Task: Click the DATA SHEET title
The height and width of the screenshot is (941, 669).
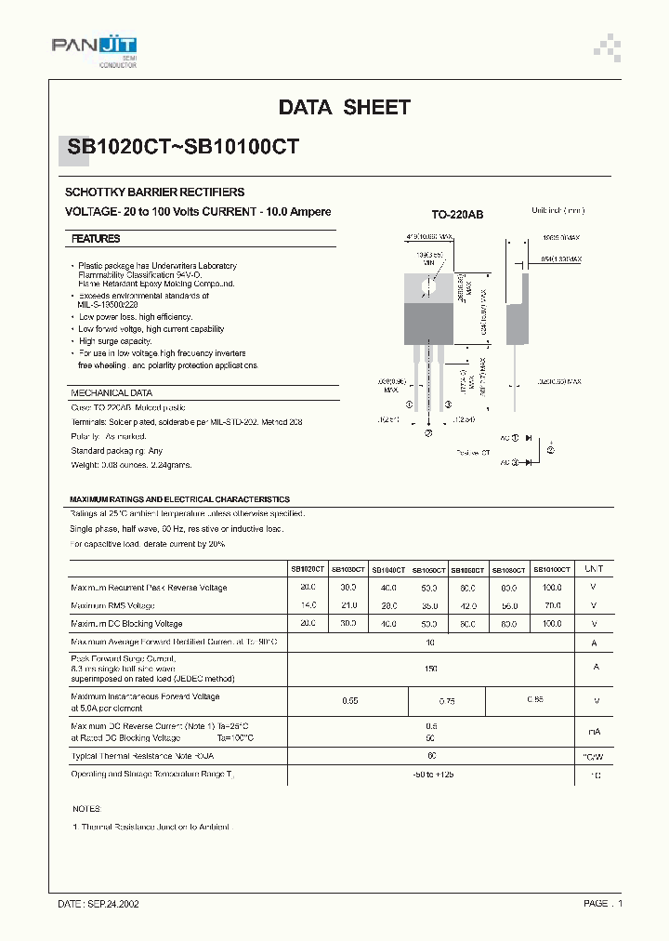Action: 344,108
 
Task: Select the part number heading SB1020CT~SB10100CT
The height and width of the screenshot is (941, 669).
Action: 183,146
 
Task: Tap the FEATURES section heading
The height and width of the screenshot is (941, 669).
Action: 96,239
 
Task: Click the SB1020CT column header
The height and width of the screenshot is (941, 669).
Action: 308,568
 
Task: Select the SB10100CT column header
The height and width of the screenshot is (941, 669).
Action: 551,568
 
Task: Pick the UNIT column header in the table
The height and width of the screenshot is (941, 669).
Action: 594,568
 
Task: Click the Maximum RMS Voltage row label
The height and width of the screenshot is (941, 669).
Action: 112,605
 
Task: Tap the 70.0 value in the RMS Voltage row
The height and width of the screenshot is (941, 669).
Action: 552,605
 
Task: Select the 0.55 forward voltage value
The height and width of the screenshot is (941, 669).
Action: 350,700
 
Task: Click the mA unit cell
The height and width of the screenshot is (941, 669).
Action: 595,732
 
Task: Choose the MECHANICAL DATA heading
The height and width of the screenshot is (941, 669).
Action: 111,393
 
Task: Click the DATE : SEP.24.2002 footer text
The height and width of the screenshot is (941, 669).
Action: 98,904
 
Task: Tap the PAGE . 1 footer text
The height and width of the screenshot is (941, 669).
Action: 603,904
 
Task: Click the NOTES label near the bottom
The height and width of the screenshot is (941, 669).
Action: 85,809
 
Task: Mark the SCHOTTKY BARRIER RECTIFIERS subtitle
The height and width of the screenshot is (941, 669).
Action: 154,192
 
